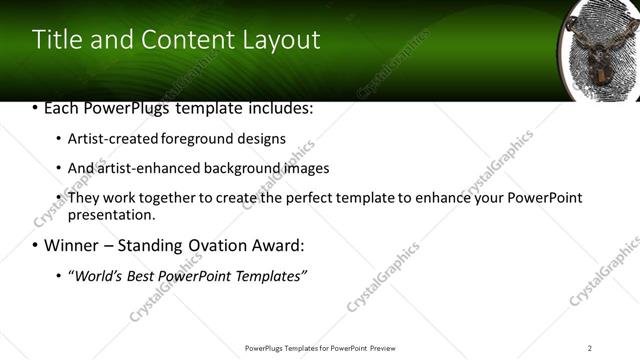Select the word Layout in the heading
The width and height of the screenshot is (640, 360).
282,40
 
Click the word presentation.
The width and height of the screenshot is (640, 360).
111,214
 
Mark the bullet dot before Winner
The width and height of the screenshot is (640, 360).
36,246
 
